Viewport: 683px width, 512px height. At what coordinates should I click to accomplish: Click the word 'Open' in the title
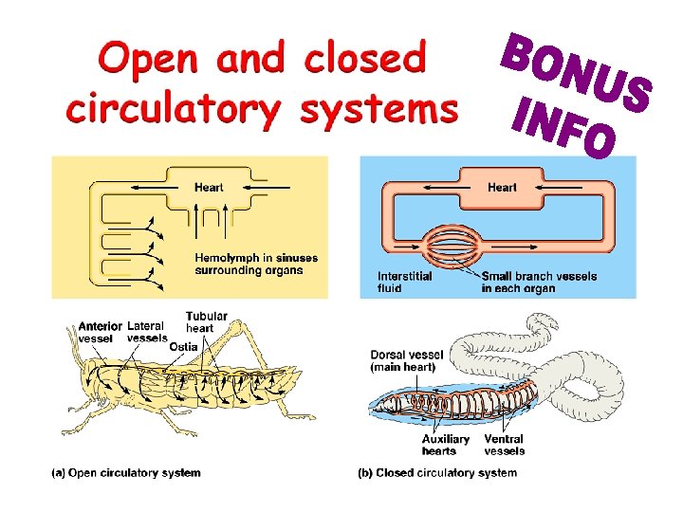coord(151,60)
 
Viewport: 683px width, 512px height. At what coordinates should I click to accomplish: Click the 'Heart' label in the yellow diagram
coord(209,187)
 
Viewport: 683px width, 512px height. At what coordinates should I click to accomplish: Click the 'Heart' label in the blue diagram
coord(502,187)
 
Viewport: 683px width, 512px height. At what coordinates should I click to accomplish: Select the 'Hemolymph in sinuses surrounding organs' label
coord(256,264)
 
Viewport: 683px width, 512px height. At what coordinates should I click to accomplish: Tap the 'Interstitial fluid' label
coord(404,282)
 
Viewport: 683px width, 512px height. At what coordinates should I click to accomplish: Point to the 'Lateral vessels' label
coord(147,332)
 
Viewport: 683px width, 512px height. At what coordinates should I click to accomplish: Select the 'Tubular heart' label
coord(206,322)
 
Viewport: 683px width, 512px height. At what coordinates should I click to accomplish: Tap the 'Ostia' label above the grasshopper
coord(183,347)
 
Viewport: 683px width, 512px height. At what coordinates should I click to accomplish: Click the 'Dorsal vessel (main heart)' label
coord(403,361)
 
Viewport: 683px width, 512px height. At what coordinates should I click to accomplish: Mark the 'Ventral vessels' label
coord(504,445)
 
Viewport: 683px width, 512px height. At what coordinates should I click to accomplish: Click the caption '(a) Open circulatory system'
coord(126,472)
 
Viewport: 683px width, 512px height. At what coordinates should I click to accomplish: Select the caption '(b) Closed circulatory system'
coord(437,472)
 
